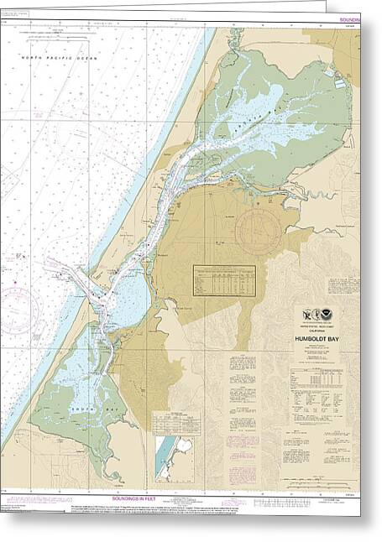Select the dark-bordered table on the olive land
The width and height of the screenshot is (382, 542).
tap(224, 279)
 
